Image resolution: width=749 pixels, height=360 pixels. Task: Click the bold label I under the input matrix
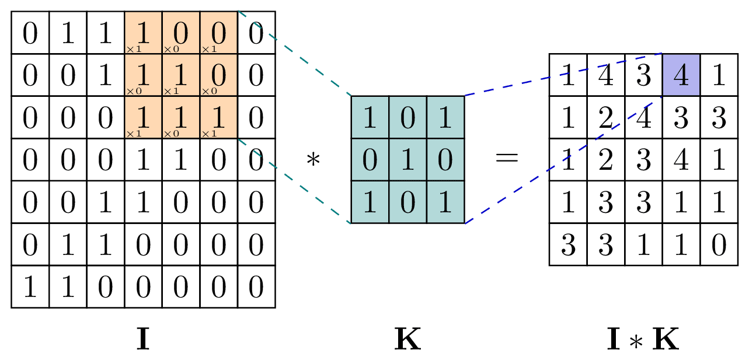coord(142,340)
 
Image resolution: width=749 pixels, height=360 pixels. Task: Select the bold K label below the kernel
coord(407,340)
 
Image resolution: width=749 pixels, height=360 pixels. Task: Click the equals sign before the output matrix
coord(506,158)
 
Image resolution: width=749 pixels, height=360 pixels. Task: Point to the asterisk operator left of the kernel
coord(313,159)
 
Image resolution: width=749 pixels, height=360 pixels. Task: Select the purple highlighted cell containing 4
coord(681,75)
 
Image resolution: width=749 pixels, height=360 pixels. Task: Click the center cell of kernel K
coord(407,159)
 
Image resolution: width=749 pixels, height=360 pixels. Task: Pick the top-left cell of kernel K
coord(370,117)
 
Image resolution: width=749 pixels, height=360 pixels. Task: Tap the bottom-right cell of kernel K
coord(445,202)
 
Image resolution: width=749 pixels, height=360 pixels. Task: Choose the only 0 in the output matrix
coord(719,244)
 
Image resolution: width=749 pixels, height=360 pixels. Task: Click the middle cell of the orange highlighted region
coord(180,75)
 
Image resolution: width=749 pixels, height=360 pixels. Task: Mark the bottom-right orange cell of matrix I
coord(218,117)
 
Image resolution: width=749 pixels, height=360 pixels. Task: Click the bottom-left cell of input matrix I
coord(30,286)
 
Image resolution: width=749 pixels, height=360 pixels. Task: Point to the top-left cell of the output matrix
coord(568,75)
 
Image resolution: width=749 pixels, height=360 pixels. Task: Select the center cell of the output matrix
coord(643,159)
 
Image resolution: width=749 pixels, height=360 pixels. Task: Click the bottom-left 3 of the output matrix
coord(568,244)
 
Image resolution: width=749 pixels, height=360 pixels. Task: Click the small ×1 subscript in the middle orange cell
coord(170,91)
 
